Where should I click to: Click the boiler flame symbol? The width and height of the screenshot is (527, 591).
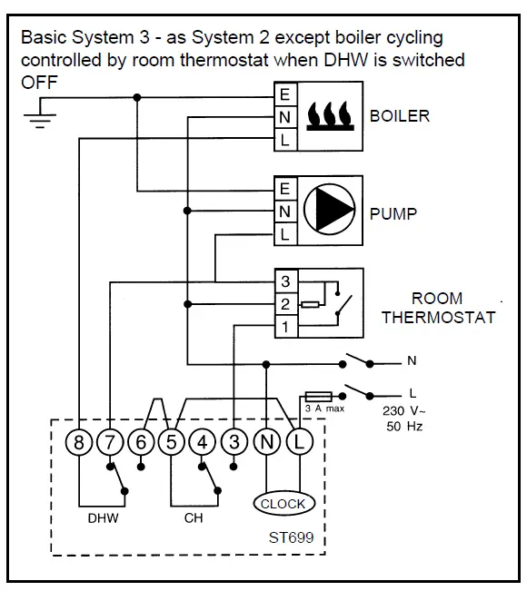[330, 115]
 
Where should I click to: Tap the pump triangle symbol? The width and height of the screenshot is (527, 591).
[329, 209]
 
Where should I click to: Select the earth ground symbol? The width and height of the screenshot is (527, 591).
[40, 116]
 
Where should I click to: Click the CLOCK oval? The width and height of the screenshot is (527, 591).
[283, 504]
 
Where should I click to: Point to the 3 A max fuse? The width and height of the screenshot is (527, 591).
[318, 397]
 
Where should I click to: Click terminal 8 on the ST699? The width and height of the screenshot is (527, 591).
[79, 442]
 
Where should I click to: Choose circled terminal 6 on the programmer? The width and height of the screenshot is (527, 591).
[141, 442]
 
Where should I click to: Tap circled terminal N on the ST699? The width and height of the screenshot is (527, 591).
[267, 442]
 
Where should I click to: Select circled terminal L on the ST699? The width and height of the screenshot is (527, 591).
[300, 442]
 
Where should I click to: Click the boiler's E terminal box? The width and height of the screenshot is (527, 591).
[285, 94]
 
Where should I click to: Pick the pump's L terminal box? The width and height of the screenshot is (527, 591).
[285, 234]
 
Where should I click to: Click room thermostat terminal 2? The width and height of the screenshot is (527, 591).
[286, 304]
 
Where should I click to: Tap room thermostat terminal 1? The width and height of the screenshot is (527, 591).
[286, 327]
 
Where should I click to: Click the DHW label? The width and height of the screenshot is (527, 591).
[103, 518]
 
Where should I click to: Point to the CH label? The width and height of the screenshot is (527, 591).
[194, 518]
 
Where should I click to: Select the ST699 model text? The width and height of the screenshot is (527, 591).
[292, 537]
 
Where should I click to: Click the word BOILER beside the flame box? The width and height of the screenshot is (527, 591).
[400, 116]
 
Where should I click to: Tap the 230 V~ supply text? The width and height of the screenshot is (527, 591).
[404, 410]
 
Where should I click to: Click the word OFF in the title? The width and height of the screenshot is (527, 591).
[39, 83]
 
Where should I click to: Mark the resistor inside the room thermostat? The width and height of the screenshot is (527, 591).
[311, 304]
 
